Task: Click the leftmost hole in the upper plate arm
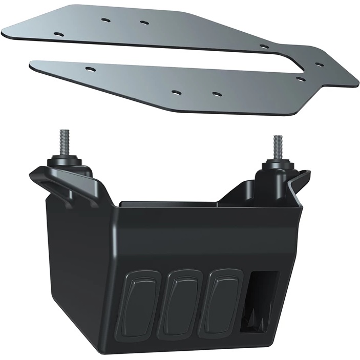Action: (58, 33)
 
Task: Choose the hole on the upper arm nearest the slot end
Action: (264, 47)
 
